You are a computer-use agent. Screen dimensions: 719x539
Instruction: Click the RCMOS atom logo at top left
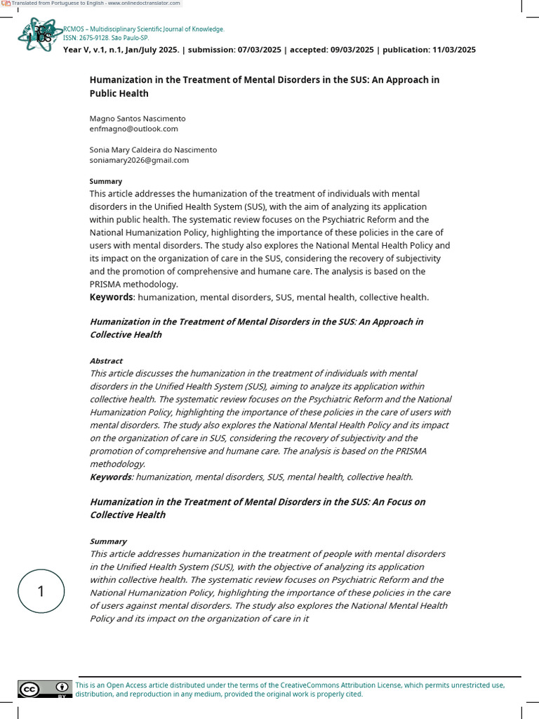36,34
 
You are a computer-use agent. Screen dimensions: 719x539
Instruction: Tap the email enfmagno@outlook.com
133,128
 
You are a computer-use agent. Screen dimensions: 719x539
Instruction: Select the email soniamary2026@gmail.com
139,160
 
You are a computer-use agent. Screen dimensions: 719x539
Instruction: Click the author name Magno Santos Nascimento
138,119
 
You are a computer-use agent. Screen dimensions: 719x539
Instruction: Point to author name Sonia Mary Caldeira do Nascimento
153,150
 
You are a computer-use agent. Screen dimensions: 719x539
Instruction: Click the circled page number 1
41,591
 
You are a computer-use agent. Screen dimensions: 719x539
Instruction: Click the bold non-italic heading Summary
105,181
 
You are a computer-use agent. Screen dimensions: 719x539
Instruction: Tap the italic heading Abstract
106,361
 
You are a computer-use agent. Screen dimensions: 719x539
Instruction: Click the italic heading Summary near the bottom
108,541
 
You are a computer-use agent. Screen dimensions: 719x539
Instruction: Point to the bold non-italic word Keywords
111,298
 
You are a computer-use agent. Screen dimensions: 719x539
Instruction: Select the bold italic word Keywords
111,477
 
